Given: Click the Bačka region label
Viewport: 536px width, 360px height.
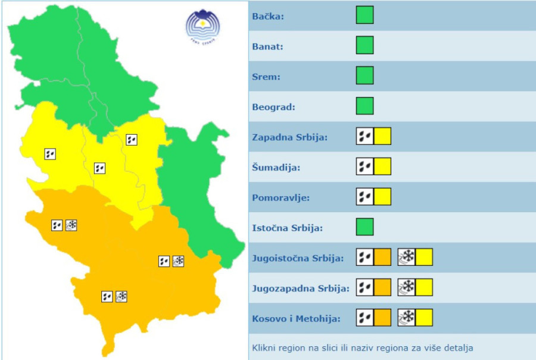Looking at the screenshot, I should tap(268, 16).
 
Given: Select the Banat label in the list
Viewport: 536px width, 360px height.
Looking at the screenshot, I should tap(267, 46).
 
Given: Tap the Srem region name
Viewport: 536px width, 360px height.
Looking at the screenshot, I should tap(266, 77).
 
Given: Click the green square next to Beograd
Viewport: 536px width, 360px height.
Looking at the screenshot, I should tap(364, 106).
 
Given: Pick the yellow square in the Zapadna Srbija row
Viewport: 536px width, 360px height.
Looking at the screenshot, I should tap(382, 136).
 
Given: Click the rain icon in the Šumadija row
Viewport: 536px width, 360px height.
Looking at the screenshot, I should tap(364, 166).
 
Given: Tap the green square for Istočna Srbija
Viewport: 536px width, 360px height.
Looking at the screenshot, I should tap(364, 227).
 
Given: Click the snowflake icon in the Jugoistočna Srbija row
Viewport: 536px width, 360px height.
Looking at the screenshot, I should tap(406, 257).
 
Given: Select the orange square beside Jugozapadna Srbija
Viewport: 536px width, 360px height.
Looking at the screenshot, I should tap(382, 287).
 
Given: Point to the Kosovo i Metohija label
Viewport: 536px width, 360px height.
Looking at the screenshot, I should tap(297, 319).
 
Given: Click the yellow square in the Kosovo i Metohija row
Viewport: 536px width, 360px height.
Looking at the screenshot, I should tap(424, 318).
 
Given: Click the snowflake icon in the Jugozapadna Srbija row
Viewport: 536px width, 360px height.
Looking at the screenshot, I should tap(406, 287).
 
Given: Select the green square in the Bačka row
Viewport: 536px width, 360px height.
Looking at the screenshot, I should tap(364, 15).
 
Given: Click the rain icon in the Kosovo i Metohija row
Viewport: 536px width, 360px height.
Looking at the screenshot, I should tap(364, 318).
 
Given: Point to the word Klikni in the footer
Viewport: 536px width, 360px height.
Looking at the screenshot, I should tap(265, 347).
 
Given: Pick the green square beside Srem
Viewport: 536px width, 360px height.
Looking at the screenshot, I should tap(364, 76).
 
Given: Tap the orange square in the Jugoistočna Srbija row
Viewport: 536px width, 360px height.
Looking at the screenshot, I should tap(382, 257).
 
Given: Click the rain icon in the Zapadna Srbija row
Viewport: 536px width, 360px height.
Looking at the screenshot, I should tap(364, 136).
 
